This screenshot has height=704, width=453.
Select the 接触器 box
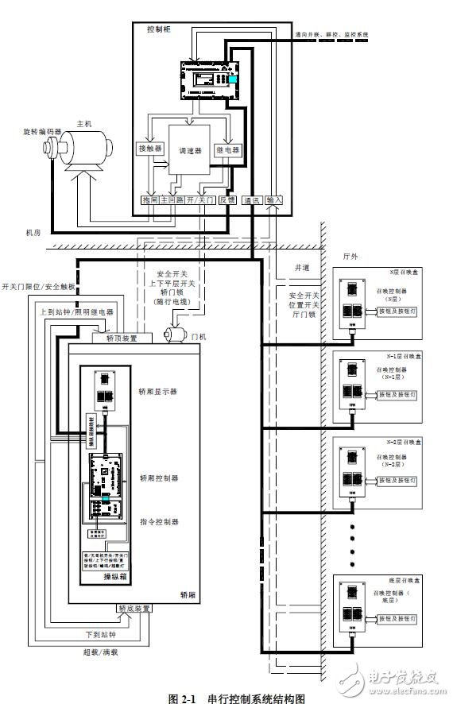point(149,148)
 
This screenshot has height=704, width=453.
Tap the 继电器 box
point(228,148)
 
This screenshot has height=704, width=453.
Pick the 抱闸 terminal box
point(149,201)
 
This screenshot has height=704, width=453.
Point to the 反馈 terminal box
point(228,201)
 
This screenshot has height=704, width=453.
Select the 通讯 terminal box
point(253,201)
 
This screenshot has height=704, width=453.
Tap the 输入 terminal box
point(274,201)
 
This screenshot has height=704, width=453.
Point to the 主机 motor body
point(85,149)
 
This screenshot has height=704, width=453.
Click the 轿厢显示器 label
point(158,391)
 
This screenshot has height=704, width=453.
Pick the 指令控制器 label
point(159,522)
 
